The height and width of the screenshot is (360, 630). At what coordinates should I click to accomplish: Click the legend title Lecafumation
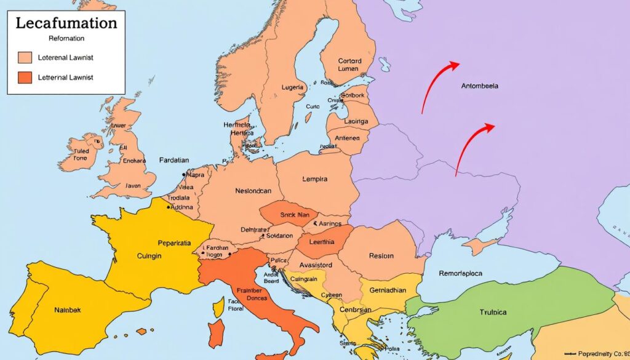point(66,23)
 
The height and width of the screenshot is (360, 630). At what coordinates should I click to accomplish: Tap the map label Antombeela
point(479,86)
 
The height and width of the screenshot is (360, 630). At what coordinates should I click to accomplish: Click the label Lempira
point(315,180)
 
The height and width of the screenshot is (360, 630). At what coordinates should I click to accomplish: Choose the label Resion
point(381,255)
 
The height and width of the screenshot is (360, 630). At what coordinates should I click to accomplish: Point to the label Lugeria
point(292,87)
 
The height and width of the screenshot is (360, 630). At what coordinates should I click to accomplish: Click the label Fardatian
point(175,159)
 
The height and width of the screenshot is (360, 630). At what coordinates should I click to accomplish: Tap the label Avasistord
point(316,266)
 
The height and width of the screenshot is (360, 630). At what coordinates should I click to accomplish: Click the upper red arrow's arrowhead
point(455,63)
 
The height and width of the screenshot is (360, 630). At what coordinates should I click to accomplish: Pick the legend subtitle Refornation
point(66,38)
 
